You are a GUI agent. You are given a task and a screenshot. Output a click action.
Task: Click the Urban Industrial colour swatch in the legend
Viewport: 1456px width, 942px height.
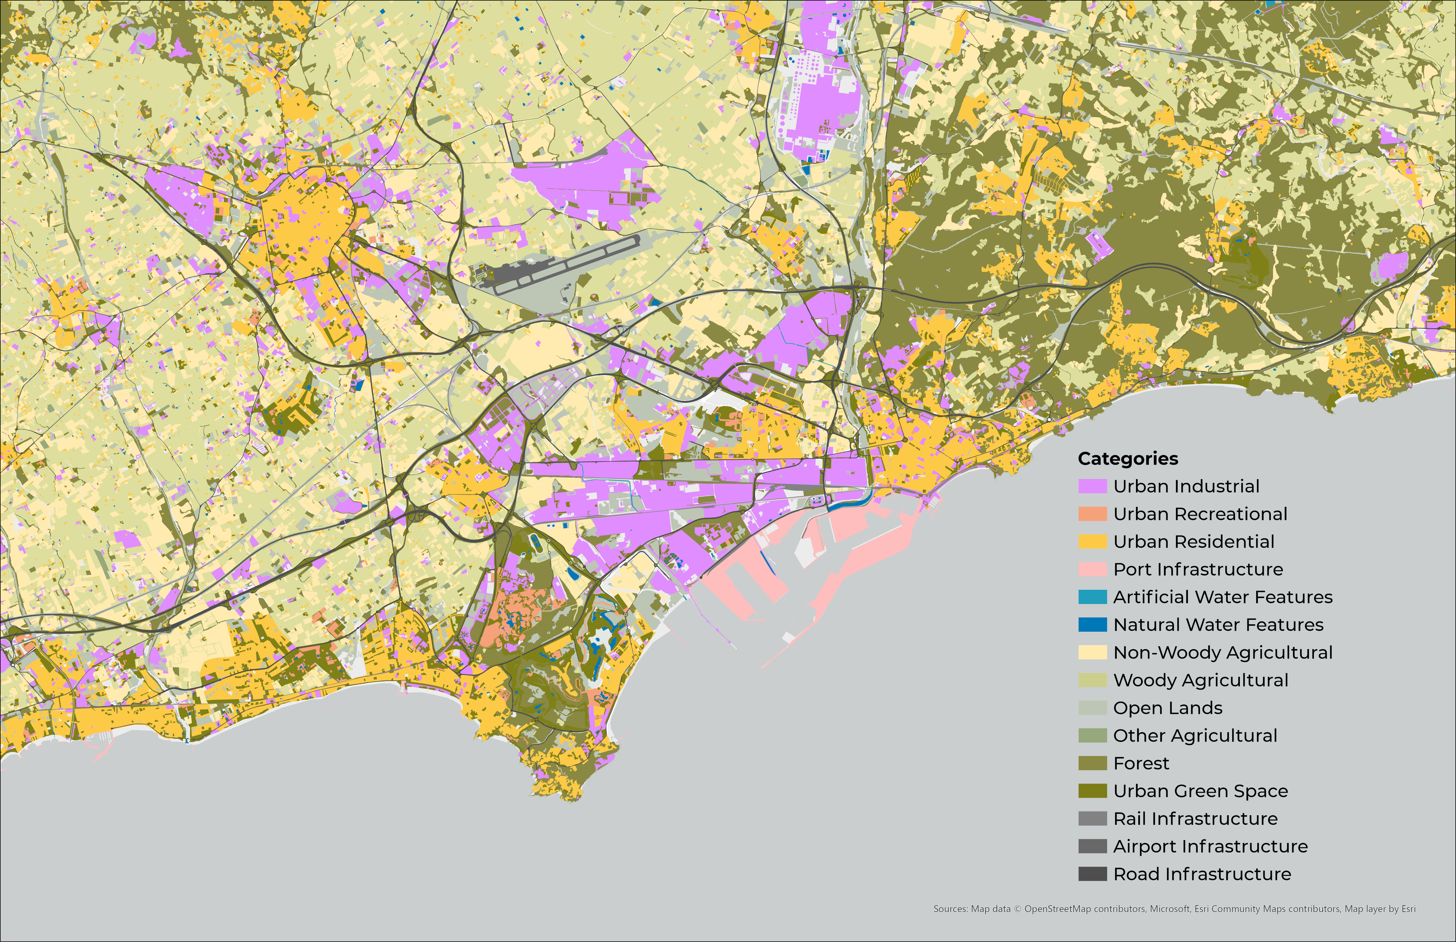(1092, 486)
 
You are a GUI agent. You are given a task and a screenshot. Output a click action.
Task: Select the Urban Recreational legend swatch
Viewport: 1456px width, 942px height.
(1092, 514)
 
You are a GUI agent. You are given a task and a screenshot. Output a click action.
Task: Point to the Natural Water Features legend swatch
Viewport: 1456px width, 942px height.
(1092, 625)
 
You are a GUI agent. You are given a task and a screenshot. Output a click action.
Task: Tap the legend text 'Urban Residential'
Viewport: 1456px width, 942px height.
(1194, 542)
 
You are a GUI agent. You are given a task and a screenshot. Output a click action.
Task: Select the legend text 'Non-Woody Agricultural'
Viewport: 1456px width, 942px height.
(1222, 653)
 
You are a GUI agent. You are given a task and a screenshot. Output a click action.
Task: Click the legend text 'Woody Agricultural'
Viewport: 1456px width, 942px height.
(1200, 680)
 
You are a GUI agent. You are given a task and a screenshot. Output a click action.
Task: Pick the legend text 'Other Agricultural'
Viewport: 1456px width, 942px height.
(1195, 736)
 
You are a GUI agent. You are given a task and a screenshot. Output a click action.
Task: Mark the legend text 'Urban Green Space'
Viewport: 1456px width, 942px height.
(1200, 791)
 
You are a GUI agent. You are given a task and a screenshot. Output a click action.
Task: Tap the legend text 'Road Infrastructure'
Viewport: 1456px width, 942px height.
(1202, 874)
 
